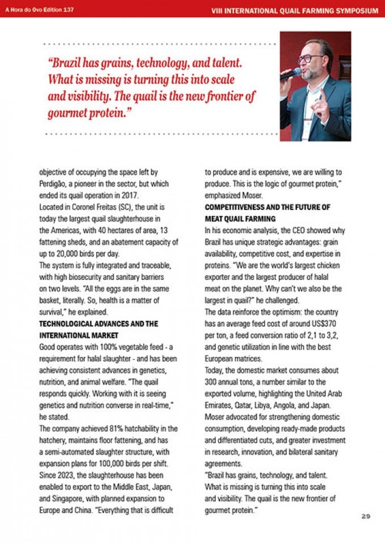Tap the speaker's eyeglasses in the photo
pyautogui.click(x=309, y=58)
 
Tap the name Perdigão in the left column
pyautogui.click(x=55, y=184)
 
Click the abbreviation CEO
pyautogui.click(x=292, y=231)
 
